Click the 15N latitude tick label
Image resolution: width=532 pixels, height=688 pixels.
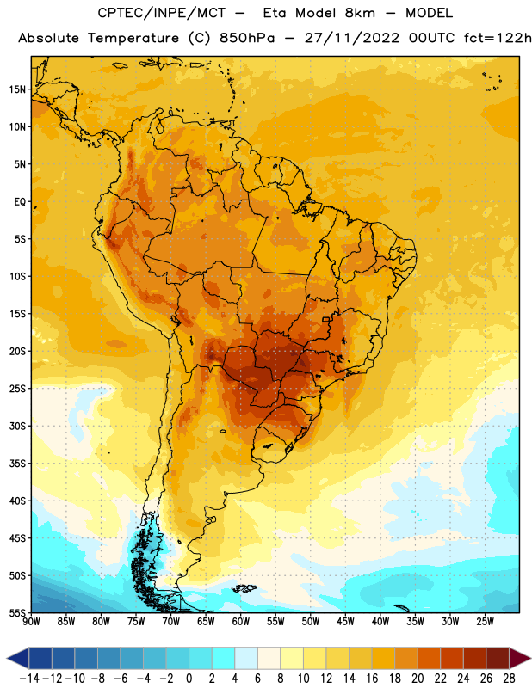point(17,89)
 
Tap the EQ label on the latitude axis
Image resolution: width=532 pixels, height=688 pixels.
point(20,202)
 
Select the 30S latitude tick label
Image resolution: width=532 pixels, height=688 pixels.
point(17,426)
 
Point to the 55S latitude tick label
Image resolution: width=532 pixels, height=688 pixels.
point(17,612)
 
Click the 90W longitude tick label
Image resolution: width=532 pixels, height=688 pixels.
point(31,622)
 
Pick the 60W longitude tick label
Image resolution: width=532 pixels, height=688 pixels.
point(241,622)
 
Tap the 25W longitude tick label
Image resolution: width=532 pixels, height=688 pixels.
point(486,622)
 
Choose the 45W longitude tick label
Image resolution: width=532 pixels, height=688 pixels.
point(346,622)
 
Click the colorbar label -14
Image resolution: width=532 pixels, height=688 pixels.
point(29,679)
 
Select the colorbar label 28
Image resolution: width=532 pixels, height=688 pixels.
point(509,679)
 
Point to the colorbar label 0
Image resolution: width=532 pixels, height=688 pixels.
point(189,679)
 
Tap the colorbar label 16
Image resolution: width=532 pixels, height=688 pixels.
point(372,679)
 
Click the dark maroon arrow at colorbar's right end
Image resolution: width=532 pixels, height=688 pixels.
point(520,658)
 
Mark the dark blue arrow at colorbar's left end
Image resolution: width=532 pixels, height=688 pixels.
point(18,658)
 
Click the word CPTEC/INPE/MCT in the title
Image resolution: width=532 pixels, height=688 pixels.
point(162,13)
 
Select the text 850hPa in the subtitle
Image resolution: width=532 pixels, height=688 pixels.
point(247,38)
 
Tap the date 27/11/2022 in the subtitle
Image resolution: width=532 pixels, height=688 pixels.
point(352,38)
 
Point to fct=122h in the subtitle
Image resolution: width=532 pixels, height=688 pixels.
point(498,38)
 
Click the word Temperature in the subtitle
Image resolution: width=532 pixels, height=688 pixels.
point(133,39)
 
